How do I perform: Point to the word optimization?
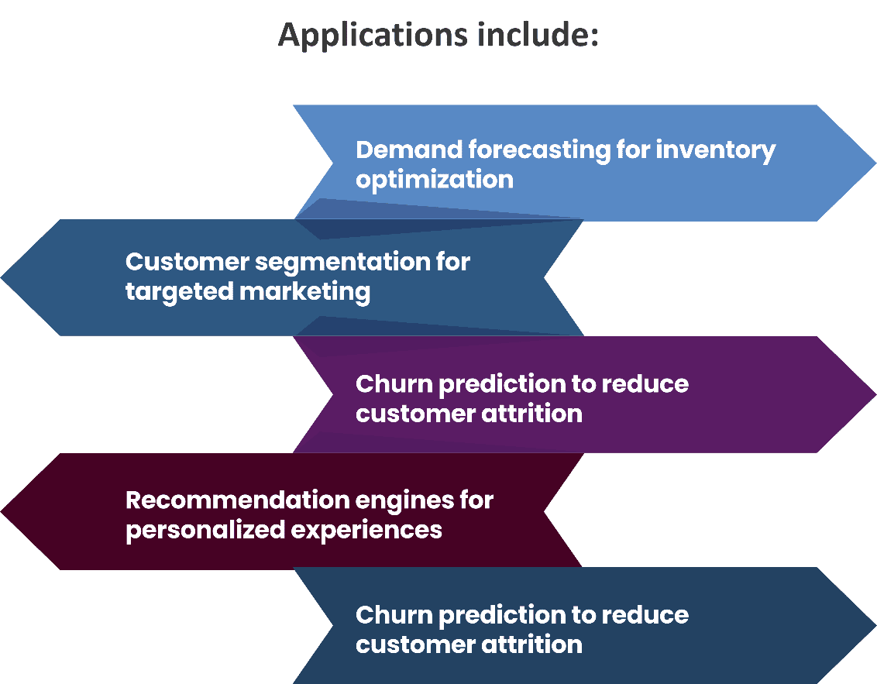tap(435, 180)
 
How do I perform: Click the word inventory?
tap(716, 150)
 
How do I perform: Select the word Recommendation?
tap(236, 500)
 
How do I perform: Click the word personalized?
tap(202, 531)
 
